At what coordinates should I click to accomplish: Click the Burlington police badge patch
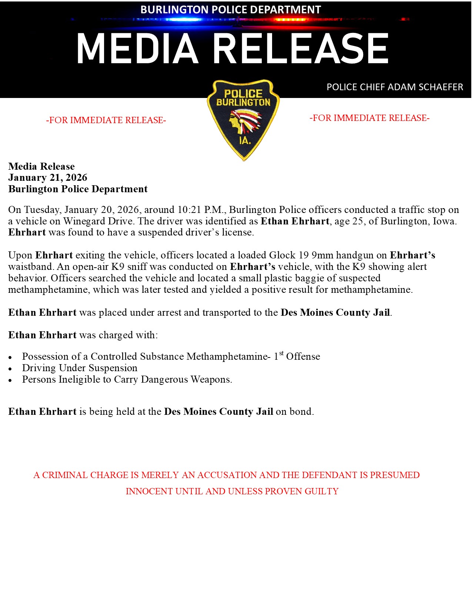click(243, 120)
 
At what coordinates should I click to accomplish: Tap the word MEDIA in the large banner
click(137, 49)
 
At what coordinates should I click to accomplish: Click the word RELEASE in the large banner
click(301, 49)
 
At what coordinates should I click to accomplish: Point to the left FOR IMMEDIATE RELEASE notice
click(106, 120)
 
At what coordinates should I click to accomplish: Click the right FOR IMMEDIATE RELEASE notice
click(369, 118)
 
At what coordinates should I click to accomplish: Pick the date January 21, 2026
click(48, 178)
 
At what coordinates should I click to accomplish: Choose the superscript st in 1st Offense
click(281, 353)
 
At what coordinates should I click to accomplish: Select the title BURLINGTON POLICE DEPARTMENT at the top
click(230, 10)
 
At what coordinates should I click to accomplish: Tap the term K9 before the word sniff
click(118, 267)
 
